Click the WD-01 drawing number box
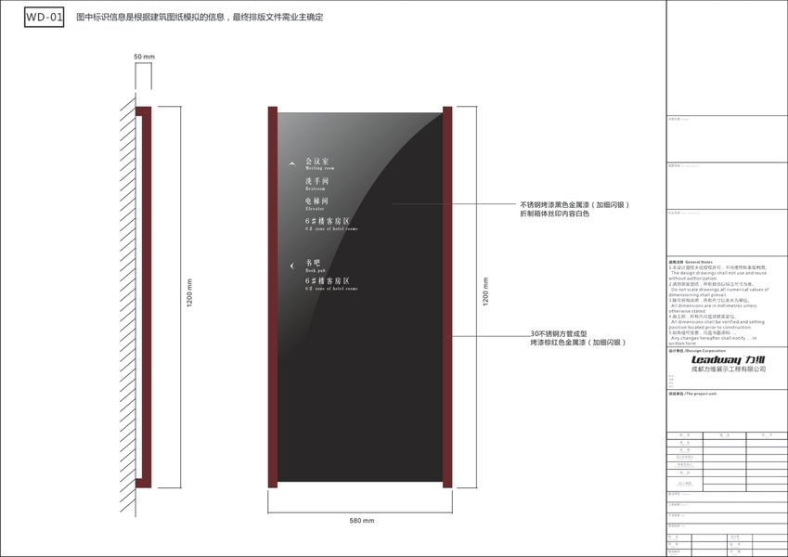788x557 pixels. pyautogui.click(x=45, y=17)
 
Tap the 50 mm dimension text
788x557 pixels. pyautogui.click(x=144, y=58)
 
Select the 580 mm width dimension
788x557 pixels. pyautogui.click(x=361, y=521)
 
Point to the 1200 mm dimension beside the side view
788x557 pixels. pyautogui.click(x=189, y=295)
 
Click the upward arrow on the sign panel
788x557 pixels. pyautogui.click(x=292, y=164)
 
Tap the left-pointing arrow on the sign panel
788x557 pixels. pyautogui.click(x=291, y=266)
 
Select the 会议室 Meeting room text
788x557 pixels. pyautogui.click(x=318, y=164)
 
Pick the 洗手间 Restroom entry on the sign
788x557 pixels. pyautogui.click(x=316, y=183)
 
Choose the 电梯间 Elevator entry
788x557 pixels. pyautogui.click(x=316, y=202)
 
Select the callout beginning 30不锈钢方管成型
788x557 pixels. pyautogui.click(x=577, y=338)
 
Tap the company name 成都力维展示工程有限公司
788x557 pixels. pyautogui.click(x=729, y=369)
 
